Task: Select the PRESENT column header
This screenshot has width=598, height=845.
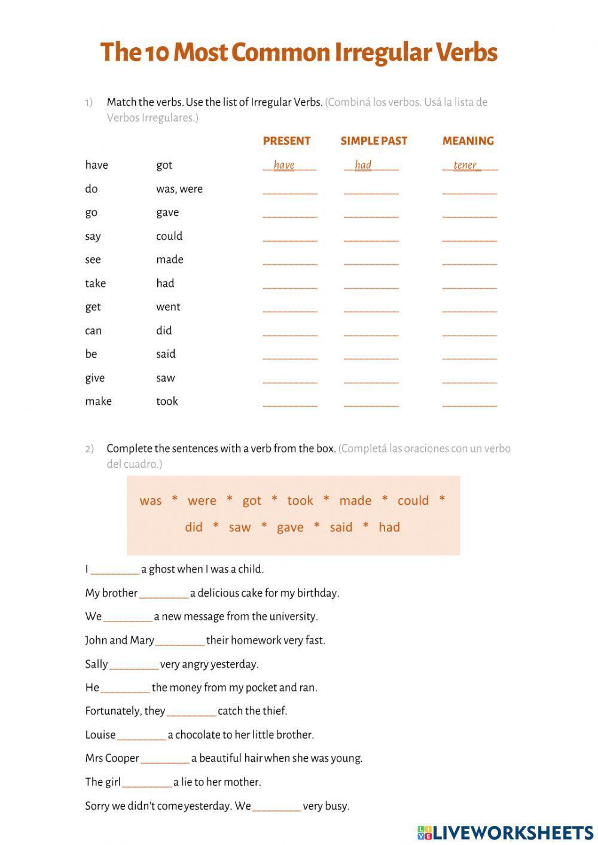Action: pos(286,141)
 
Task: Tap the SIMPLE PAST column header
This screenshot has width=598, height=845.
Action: pos(374,141)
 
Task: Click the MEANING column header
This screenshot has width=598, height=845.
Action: pos(468,141)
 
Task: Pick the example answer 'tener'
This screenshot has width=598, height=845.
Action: pos(465,165)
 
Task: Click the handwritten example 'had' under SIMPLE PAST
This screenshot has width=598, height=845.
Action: pos(363,165)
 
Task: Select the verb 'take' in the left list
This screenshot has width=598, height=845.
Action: pos(95,283)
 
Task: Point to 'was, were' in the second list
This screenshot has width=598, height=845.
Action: pos(179,189)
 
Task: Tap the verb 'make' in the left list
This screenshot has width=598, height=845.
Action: pos(98,401)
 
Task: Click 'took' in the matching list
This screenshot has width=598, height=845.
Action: pos(167,401)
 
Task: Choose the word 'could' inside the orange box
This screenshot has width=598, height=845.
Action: pos(413,501)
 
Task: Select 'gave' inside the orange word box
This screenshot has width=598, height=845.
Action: pos(290,527)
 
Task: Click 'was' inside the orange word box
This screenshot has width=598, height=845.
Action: pos(150,501)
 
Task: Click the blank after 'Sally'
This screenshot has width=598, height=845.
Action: pos(134,665)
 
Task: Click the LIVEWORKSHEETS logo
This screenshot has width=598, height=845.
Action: pos(505,832)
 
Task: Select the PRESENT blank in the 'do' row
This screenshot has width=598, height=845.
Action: pos(290,191)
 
